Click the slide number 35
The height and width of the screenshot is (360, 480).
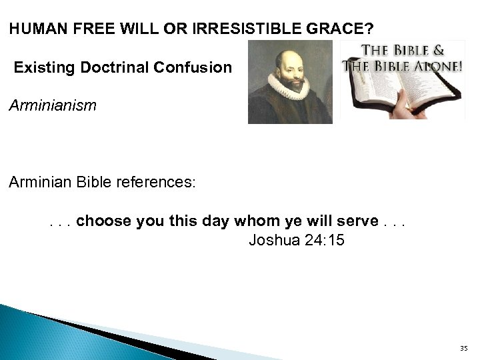click(463, 348)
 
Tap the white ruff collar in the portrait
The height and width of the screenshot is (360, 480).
click(288, 87)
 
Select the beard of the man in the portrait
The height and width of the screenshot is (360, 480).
click(288, 75)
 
